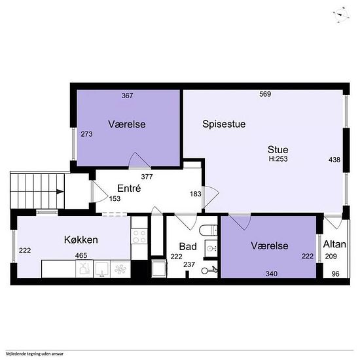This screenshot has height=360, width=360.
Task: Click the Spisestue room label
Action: [x=224, y=124]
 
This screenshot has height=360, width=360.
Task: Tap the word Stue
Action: [x=278, y=150]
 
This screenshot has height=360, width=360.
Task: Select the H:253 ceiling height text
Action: [x=278, y=159]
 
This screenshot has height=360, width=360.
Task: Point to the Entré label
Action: [x=129, y=189]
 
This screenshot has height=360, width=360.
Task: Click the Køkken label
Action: [x=81, y=240]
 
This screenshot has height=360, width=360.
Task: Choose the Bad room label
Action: [x=188, y=247]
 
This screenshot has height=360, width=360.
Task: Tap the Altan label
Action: [x=334, y=244]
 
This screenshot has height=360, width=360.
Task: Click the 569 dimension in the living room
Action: [x=265, y=94]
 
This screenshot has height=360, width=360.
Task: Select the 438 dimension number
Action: [x=334, y=160]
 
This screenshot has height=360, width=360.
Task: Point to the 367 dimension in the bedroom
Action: [x=128, y=96]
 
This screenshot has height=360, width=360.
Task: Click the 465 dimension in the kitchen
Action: [x=81, y=255]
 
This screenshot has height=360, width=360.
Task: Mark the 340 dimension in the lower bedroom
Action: [x=272, y=274]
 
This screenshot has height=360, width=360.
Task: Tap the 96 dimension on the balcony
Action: [x=335, y=274]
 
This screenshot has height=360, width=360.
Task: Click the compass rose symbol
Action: [x=341, y=15]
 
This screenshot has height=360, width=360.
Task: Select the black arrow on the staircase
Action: [x=60, y=192]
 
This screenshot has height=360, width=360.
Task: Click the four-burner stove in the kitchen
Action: [x=139, y=237]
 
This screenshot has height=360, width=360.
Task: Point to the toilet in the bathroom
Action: [x=208, y=230]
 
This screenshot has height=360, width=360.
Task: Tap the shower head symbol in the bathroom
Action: [x=209, y=271]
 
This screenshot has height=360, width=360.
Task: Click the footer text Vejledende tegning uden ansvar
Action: [x=35, y=354]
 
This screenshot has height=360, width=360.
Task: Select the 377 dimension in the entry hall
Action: [x=147, y=177]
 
